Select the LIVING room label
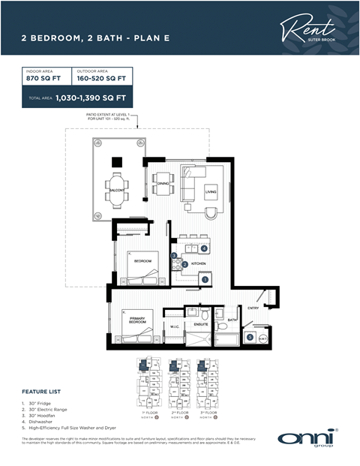point(211,192)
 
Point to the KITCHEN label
point(198,264)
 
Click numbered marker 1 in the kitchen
point(204,280)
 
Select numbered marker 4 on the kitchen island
point(204,248)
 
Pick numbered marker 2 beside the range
point(184,264)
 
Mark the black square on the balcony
point(116,161)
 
